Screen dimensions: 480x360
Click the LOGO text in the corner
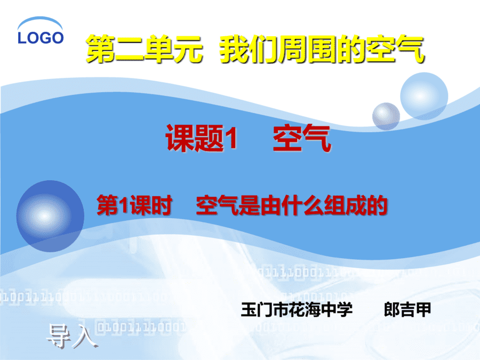point(41,38)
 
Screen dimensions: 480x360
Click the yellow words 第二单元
point(144,49)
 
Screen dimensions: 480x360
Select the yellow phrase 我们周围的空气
point(322,49)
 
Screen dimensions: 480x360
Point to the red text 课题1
point(201,138)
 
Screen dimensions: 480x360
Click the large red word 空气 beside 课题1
point(302,138)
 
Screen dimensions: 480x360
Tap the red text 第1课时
point(134,205)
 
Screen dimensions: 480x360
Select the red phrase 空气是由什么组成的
point(292,205)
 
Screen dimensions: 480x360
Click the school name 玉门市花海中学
point(297,309)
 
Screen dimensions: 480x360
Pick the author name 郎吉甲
point(407,309)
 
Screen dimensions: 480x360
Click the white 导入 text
point(72,336)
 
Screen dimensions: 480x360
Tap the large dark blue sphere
point(50,216)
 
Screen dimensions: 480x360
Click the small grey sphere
point(386,116)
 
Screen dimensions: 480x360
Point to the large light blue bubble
point(424,96)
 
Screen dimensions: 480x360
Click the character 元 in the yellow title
point(188,49)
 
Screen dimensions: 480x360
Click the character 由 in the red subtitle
point(270,205)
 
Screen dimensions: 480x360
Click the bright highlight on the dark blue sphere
point(44,216)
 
